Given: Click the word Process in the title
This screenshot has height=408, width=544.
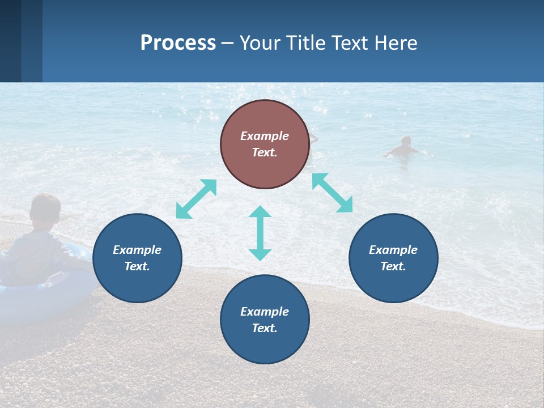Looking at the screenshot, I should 178,43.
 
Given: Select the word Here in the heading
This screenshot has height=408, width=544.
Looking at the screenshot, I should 394,43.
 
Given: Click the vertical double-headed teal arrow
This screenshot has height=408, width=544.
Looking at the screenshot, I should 260,233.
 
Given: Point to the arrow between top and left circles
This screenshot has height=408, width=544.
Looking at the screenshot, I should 196,199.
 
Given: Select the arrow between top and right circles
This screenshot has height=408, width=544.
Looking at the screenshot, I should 333,193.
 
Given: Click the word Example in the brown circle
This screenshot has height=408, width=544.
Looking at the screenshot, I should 265,136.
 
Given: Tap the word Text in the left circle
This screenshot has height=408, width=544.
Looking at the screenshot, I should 137,266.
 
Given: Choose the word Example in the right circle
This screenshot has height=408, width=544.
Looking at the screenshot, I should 393,250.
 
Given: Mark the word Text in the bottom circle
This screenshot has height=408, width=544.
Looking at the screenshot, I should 265,328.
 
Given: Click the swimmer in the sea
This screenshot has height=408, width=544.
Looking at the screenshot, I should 403,147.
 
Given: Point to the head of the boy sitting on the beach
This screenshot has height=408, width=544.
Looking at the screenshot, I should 46,209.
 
